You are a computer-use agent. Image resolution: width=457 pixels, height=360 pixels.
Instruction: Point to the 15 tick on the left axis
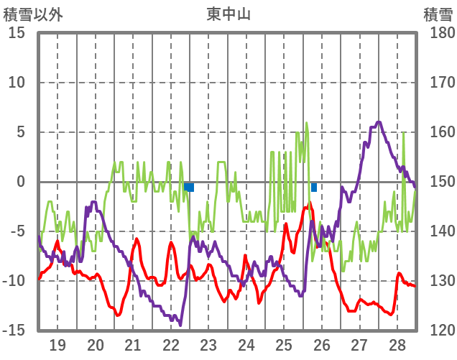coord(17,33)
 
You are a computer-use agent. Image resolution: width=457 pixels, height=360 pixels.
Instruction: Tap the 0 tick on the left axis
coord(21,182)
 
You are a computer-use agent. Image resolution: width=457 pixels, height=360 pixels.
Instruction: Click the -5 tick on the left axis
coord(17,231)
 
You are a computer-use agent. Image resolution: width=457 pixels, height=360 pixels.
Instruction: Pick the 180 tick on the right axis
coord(438,33)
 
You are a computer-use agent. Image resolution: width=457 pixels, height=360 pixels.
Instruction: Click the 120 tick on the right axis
coord(438,331)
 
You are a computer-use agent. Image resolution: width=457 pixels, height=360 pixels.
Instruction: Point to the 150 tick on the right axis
coord(438,182)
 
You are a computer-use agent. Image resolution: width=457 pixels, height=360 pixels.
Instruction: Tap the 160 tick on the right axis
coord(438,132)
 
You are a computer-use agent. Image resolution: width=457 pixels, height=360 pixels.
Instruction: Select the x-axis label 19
coord(57,344)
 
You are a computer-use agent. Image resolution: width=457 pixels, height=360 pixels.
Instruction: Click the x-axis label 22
coord(171,344)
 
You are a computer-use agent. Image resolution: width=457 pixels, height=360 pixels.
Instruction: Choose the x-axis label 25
coord(284,344)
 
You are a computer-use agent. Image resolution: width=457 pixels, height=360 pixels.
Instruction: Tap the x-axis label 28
coord(397,344)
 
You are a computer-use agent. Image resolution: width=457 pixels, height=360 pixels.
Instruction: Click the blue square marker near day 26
coord(314,188)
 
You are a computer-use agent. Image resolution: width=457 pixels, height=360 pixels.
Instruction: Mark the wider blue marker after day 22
coord(188,188)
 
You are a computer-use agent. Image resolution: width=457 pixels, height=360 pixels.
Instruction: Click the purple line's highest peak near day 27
coord(379,122)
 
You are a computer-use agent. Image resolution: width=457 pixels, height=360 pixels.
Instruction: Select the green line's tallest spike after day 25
coord(306,123)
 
